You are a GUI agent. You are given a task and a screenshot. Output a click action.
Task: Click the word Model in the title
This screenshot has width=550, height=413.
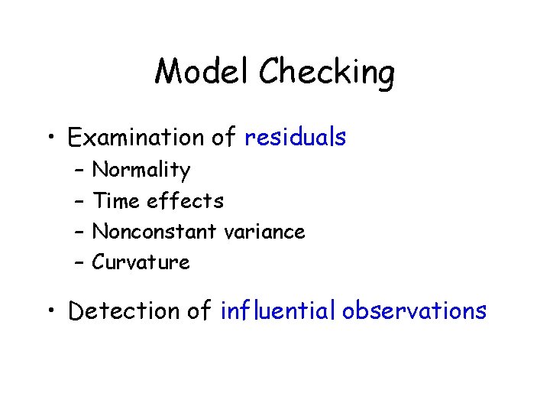click(x=202, y=73)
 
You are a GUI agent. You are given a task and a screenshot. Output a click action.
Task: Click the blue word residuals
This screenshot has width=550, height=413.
click(x=295, y=138)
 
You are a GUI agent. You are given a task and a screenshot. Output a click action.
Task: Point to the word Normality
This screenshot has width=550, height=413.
click(x=141, y=170)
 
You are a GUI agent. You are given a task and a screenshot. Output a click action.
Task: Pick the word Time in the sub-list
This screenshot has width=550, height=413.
click(x=115, y=200)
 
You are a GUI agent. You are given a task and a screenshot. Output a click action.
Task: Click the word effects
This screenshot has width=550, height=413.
click(x=186, y=200)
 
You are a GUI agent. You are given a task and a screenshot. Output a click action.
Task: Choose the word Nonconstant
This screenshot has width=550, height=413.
click(x=154, y=231)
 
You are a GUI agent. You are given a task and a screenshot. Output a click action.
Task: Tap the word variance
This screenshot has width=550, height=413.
click(x=264, y=231)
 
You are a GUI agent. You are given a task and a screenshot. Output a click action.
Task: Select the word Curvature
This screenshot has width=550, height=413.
click(x=141, y=262)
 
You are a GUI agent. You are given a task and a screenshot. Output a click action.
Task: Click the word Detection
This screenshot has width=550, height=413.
click(x=117, y=311)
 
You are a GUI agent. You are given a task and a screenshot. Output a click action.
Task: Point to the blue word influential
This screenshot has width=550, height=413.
click(x=278, y=311)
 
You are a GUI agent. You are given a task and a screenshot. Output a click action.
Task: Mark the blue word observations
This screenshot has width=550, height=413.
click(x=414, y=311)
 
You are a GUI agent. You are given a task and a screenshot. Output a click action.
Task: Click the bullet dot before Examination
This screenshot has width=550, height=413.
click(x=50, y=138)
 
